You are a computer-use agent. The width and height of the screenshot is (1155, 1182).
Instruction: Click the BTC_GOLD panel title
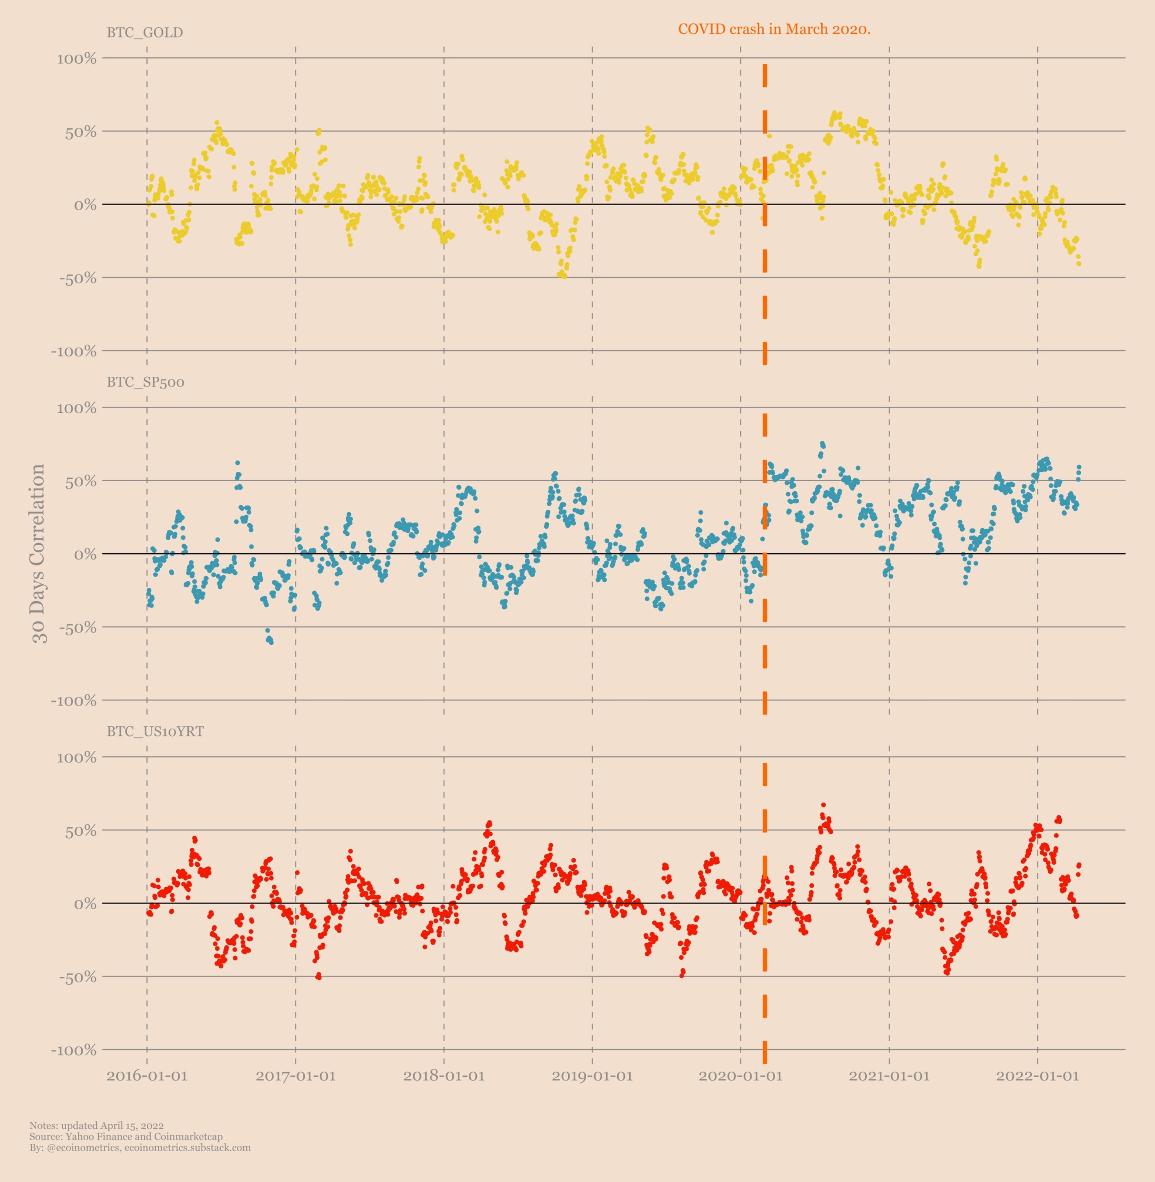point(144,33)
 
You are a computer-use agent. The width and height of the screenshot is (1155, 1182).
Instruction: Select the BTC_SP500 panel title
point(145,382)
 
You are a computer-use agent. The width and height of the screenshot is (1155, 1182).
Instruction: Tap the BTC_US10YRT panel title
point(155,732)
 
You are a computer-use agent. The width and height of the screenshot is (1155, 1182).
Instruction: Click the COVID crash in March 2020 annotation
point(774,29)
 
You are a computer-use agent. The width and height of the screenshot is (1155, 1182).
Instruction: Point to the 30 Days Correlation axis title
point(39,554)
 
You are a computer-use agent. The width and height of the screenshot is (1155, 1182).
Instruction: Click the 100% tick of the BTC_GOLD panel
point(77,59)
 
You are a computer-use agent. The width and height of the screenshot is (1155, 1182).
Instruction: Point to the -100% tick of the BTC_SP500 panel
point(73,701)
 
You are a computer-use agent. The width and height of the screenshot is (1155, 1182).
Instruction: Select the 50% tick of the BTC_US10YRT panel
point(81,831)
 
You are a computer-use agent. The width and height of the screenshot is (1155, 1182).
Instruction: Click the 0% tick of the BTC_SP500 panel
point(85,554)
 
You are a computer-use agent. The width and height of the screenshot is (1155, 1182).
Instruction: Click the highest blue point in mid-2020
point(823,444)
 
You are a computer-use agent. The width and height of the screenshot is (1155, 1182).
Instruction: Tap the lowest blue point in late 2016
point(271,642)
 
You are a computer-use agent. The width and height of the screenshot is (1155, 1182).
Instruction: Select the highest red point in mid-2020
point(823,805)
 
